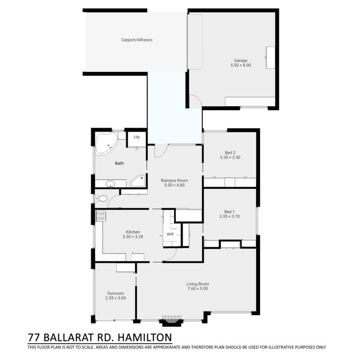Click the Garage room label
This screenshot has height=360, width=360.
240,60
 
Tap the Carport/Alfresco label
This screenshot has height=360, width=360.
137,40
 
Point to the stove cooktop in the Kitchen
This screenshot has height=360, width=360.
101,216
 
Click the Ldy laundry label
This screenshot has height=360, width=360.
137,137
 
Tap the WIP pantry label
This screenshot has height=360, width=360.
170,234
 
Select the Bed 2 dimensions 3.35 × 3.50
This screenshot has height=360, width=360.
230,157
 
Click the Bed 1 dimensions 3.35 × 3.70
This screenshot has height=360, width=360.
229,216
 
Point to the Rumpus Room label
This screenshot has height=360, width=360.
174,180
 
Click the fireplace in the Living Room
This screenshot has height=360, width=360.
172,321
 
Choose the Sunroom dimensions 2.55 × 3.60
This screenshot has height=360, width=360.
115,298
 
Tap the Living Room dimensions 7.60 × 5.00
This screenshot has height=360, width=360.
198,289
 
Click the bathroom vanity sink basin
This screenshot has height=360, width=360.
110,184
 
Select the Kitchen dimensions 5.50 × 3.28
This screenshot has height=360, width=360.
133,237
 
